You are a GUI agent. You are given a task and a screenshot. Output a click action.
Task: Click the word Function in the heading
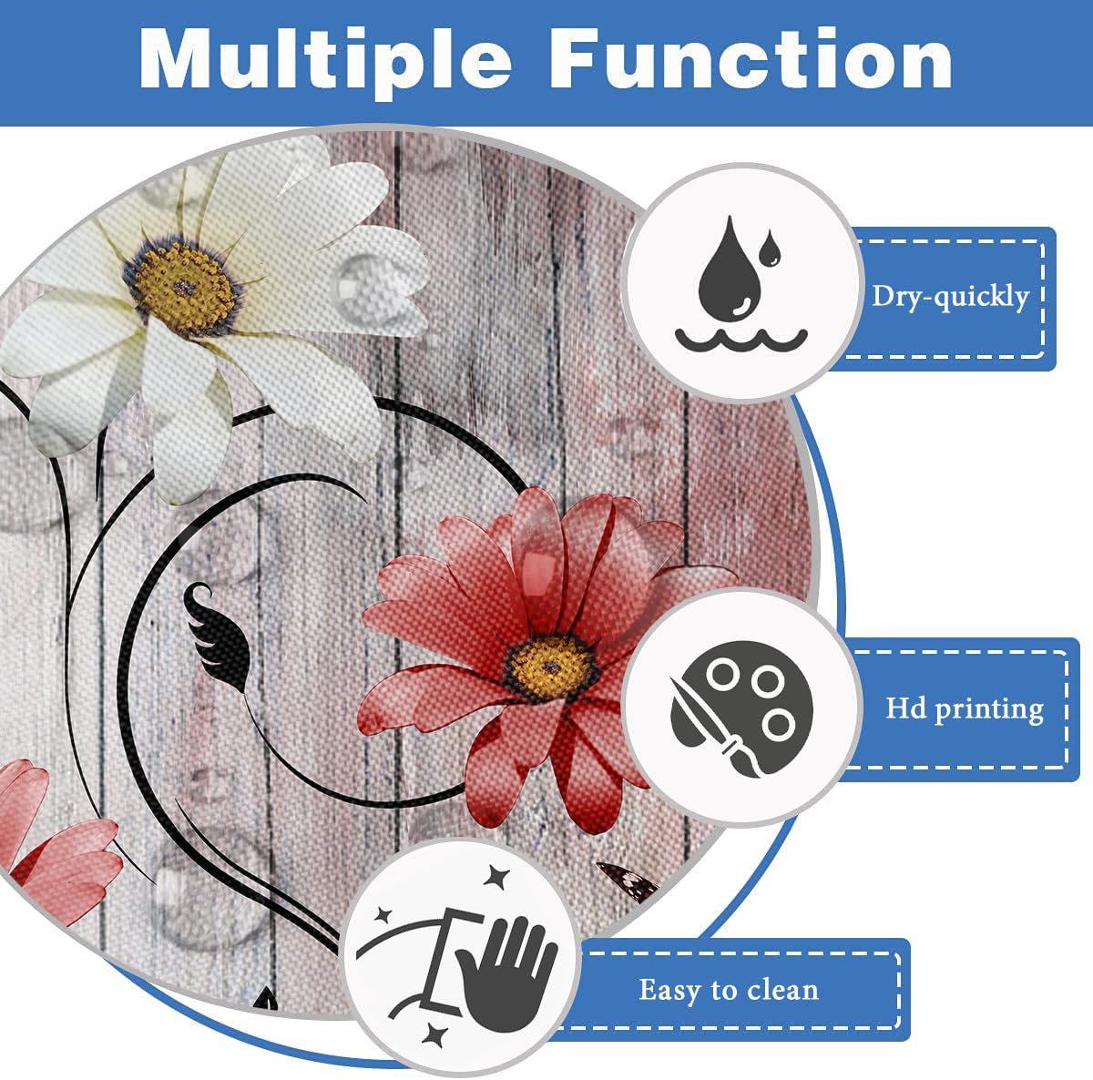tap(751, 58)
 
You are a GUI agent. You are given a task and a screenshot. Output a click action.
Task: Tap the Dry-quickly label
tap(951, 297)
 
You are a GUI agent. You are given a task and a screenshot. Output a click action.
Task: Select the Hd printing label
tap(965, 709)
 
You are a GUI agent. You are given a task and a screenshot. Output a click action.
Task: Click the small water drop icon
tap(771, 248)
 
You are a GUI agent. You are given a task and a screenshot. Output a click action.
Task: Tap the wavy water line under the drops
tap(741, 340)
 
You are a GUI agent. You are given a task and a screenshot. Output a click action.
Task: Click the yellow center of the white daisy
tap(184, 288)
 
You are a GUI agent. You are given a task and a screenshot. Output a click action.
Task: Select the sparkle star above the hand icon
tap(497, 879)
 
